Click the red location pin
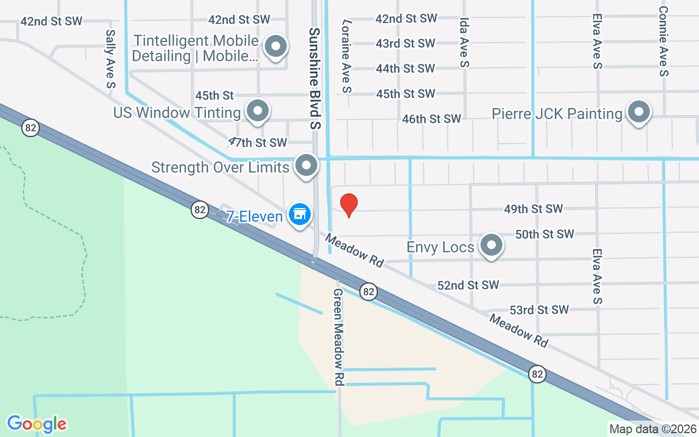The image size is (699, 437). [349, 205]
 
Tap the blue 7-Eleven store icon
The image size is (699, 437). [299, 214]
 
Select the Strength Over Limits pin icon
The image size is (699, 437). [306, 166]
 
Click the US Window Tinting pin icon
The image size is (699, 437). [257, 111]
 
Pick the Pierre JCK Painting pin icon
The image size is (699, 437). [638, 113]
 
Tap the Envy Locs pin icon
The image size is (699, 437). [491, 245]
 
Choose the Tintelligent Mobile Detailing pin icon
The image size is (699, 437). [276, 46]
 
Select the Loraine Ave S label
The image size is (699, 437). [346, 56]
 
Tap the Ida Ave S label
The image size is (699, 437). [465, 42]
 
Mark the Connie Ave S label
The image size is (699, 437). [664, 41]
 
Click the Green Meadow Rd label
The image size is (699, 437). [339, 337]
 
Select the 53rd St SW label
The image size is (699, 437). [539, 310]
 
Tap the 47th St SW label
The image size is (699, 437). [258, 143]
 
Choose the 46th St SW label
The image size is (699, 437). [431, 119]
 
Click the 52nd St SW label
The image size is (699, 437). [469, 285]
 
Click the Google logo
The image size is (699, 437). [37, 423]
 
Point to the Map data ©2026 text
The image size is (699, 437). [653, 429]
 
